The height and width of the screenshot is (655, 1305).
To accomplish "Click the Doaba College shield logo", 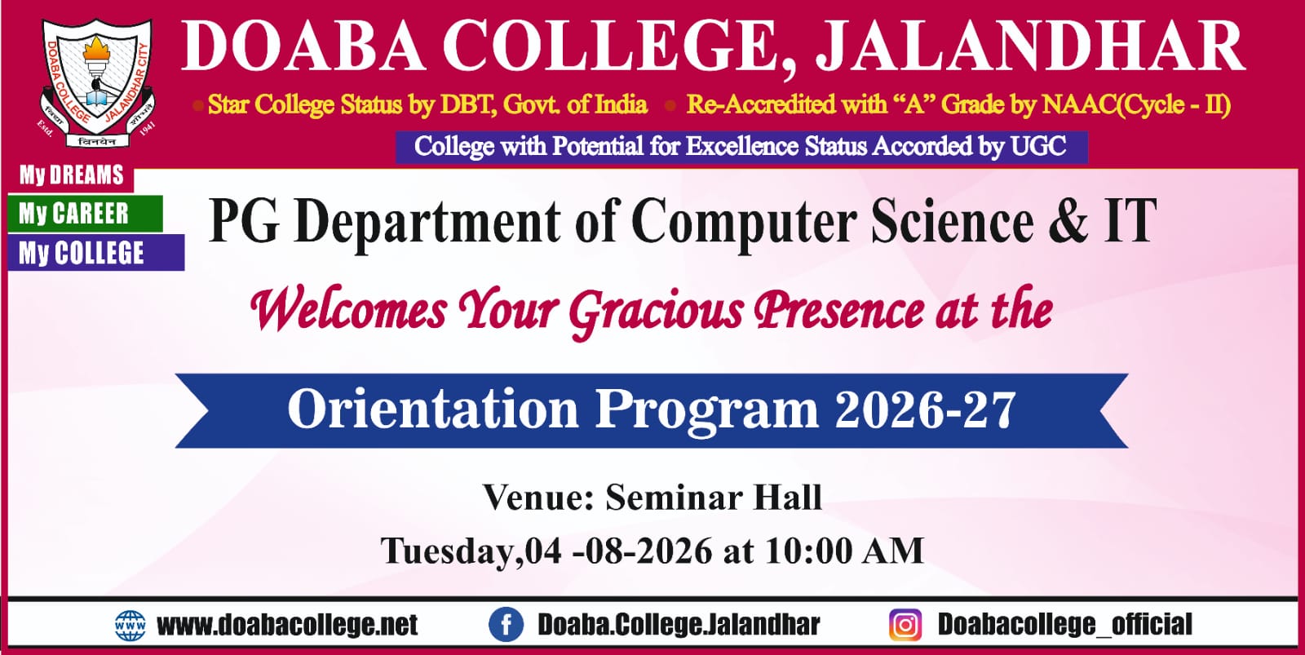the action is point(98,82).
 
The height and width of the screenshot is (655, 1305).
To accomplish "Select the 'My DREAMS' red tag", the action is point(71,175).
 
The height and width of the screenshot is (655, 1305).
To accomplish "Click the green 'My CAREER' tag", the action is point(85,214).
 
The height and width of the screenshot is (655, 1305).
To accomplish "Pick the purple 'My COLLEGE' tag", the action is point(96,253).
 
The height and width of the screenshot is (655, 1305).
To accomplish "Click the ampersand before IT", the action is point(1068,220).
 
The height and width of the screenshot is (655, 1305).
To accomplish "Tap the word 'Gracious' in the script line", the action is point(656,312).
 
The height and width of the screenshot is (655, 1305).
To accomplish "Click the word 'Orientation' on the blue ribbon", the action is point(433,409).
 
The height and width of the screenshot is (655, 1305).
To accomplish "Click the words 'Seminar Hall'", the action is point(714,498).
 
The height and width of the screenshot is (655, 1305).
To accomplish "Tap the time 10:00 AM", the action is point(844,551).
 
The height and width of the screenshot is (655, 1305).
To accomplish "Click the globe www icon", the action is point(130,626).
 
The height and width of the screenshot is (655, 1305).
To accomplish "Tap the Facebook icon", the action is point(506,626).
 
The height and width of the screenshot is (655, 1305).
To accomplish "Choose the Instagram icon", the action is point(905,626).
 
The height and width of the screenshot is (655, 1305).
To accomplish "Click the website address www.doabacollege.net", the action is point(287,626).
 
